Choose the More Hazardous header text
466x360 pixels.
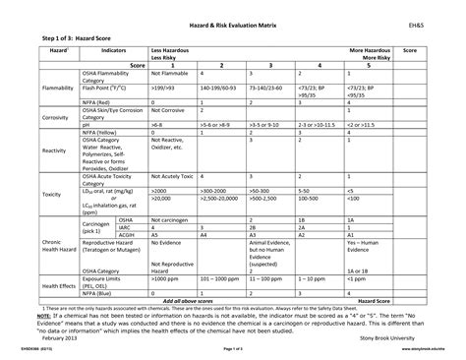point(370,48)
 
